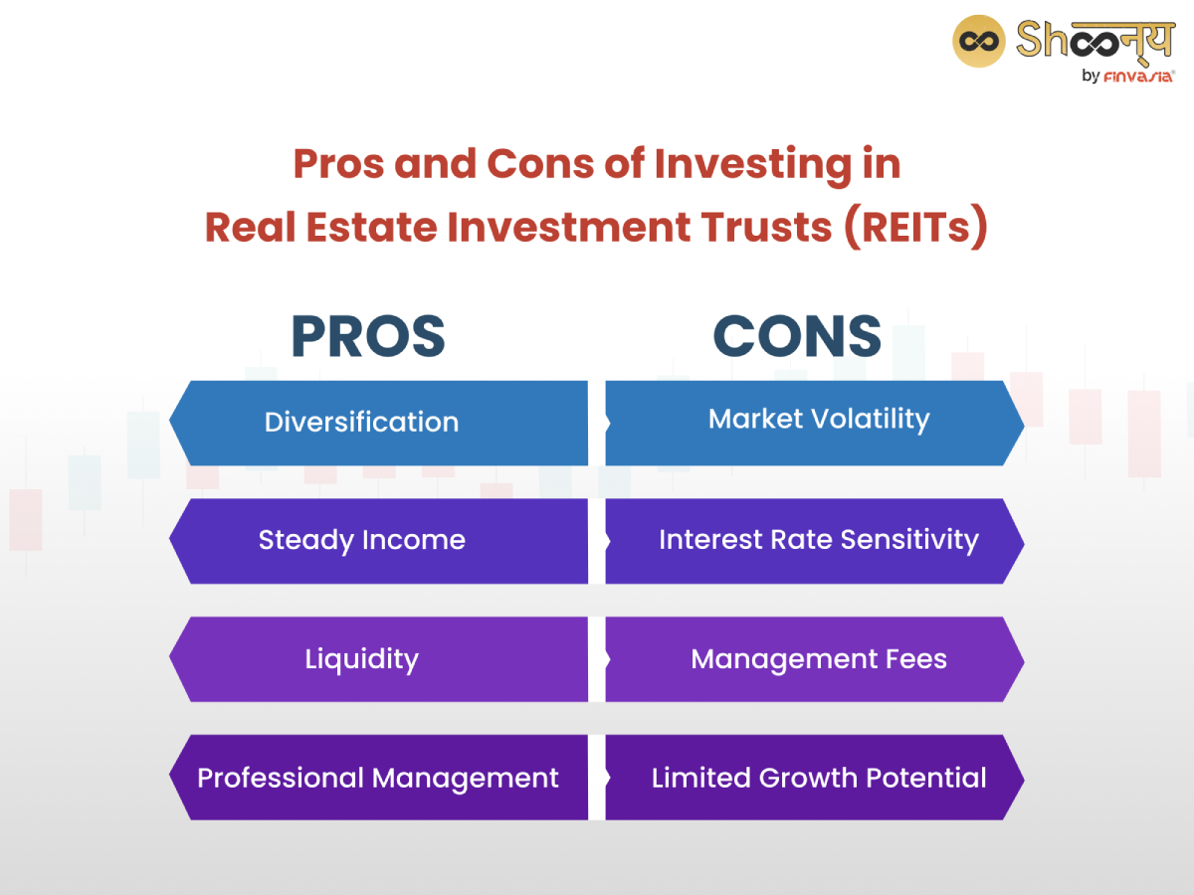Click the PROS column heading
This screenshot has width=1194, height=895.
(367, 336)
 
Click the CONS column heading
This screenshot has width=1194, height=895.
(797, 336)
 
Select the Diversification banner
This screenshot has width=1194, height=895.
(378, 423)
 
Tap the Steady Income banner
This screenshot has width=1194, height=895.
(378, 541)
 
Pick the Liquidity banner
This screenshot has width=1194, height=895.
(378, 659)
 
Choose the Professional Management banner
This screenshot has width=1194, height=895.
(378, 778)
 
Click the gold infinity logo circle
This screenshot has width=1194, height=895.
(979, 41)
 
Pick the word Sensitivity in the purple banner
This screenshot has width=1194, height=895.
(909, 540)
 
